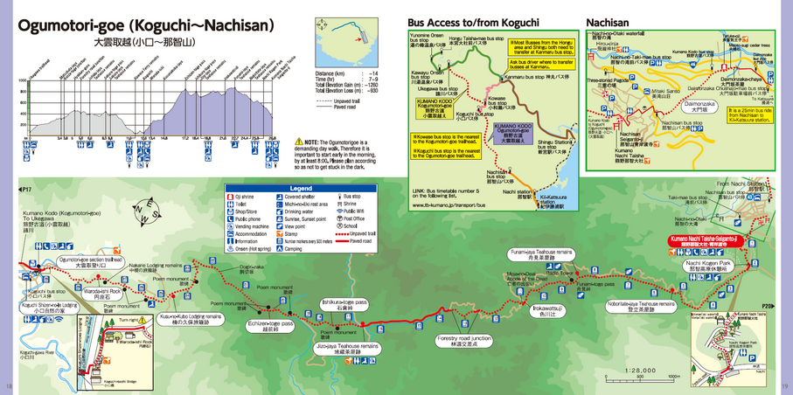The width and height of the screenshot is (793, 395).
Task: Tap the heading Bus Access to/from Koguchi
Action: coord(473,20)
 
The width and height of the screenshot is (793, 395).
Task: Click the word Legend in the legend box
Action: coord(301,189)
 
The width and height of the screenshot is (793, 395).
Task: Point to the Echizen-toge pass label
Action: coord(269,322)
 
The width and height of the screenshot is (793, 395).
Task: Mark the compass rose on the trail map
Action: coord(143,210)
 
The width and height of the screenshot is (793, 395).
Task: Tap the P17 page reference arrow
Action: coord(24,188)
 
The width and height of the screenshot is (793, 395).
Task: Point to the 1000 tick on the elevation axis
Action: coord(22,80)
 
